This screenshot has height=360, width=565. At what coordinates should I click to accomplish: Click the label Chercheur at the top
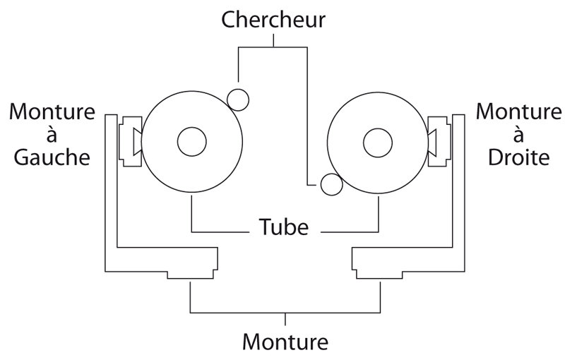coord(273,19)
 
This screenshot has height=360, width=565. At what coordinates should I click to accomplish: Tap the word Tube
coord(283,228)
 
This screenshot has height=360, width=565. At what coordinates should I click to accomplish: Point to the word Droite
coord(520,157)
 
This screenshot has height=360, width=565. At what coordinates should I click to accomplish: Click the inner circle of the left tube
coord(192,143)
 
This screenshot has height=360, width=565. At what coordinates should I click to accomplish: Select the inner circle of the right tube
coord(377,143)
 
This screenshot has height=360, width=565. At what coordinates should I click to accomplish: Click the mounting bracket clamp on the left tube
coord(131,141)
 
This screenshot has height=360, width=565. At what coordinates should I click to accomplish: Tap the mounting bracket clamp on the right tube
coord(438,141)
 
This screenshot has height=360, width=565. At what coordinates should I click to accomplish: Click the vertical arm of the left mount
coord(110,191)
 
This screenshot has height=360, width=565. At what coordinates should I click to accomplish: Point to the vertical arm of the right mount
coord(458,191)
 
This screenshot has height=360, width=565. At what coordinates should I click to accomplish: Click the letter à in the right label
coord(520,134)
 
